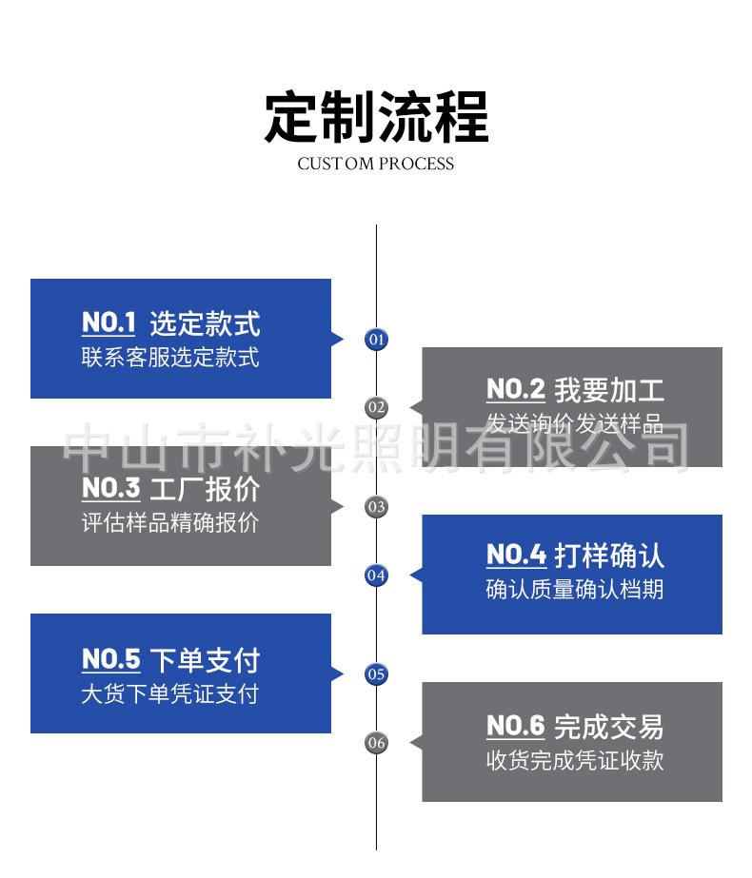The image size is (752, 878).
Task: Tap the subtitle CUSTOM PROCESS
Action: click(376, 164)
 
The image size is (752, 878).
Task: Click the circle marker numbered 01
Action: click(377, 339)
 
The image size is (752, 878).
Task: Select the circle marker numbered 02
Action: click(377, 407)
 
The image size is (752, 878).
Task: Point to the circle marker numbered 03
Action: click(377, 506)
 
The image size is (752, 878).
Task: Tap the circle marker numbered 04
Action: click(377, 575)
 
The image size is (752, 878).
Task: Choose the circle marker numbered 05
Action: click(377, 674)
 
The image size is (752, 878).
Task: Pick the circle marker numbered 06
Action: click(377, 743)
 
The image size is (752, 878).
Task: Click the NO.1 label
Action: click(109, 322)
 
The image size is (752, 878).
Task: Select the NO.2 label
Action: click(515, 389)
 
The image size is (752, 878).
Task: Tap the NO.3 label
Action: click(110, 489)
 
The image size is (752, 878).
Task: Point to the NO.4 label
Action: click(516, 555)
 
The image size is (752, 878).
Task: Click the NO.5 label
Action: click(110, 659)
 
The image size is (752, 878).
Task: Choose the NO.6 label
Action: click(515, 727)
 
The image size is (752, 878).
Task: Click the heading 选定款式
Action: click(205, 323)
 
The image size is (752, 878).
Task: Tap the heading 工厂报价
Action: click(205, 490)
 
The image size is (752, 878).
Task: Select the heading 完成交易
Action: click(609, 728)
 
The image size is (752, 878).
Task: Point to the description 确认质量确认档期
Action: click(575, 590)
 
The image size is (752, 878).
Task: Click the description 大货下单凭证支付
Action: click(169, 693)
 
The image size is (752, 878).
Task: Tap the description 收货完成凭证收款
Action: click(575, 761)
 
